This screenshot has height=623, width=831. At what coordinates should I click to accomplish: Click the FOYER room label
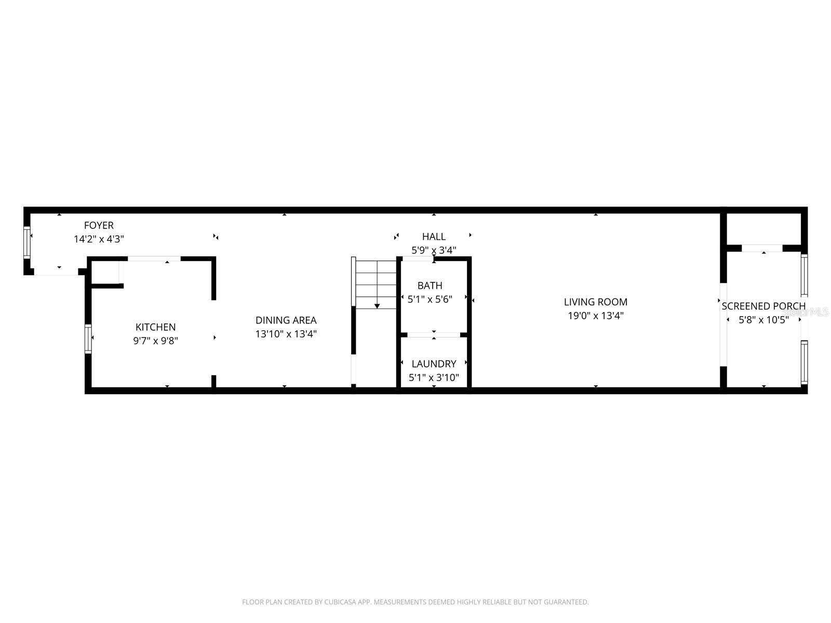(x=99, y=225)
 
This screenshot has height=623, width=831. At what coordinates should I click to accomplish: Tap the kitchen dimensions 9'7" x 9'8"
(x=156, y=341)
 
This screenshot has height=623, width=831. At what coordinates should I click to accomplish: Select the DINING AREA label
(x=286, y=320)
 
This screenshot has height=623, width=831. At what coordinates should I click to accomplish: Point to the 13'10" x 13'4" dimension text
(x=286, y=334)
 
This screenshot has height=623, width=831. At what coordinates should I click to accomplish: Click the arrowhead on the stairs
(x=377, y=306)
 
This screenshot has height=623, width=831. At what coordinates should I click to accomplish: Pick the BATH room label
(x=430, y=286)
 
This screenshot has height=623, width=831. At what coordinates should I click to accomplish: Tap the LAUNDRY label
(x=434, y=364)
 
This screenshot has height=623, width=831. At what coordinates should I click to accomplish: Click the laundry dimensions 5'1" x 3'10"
(x=434, y=378)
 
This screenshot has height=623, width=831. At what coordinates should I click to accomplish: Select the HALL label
(x=434, y=237)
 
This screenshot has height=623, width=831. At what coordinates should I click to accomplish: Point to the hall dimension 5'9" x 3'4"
(x=434, y=250)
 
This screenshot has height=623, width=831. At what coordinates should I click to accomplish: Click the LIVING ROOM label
(x=596, y=302)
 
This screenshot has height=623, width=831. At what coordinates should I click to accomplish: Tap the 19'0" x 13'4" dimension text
(x=596, y=316)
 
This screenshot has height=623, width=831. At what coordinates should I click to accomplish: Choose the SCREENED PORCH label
(x=763, y=306)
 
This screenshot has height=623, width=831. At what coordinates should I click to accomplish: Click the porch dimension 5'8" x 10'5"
(x=763, y=320)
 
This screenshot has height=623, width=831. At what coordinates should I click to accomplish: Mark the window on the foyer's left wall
(x=27, y=242)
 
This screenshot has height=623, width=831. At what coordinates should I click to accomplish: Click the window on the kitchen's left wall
(x=88, y=339)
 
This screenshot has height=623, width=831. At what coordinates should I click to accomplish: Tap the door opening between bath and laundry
(x=434, y=335)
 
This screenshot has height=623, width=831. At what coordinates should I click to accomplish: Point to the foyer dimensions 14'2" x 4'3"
(x=99, y=239)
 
